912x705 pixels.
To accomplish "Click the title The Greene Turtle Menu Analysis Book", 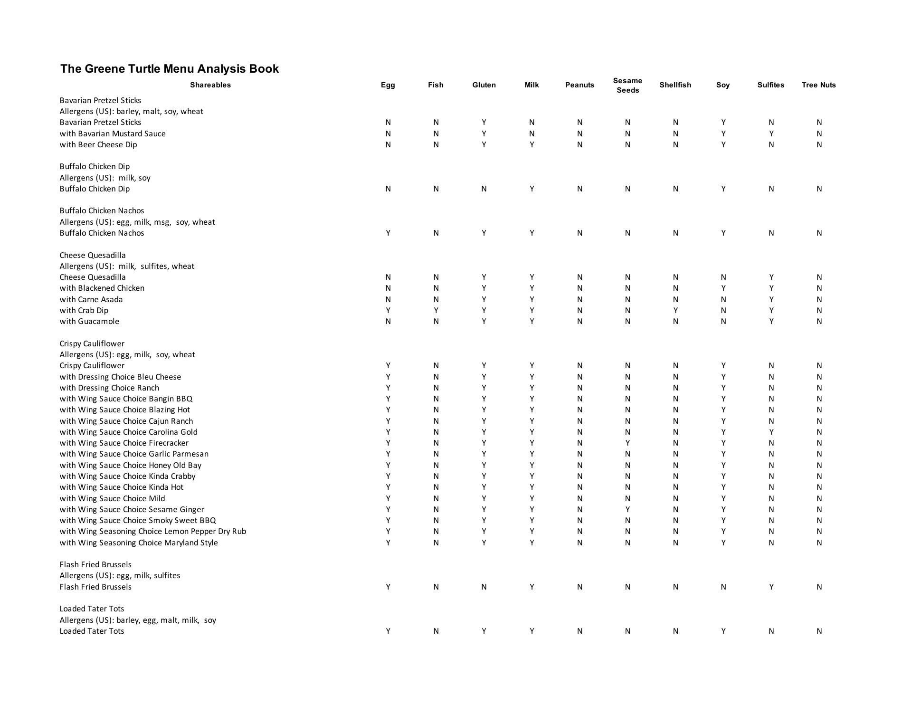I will pyautogui.click(x=169, y=69).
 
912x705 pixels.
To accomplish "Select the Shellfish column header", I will pyautogui.click(x=675, y=85).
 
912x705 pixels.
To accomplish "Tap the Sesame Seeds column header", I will pyautogui.click(x=627, y=86).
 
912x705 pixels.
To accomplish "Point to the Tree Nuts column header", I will pyautogui.click(x=818, y=85).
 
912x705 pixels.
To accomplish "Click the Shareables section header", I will pyautogui.click(x=210, y=85).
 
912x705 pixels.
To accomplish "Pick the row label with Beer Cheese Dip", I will pyautogui.click(x=98, y=144).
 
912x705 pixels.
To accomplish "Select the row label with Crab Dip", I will pyautogui.click(x=84, y=310).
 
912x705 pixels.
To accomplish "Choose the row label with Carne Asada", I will pyautogui.click(x=91, y=299).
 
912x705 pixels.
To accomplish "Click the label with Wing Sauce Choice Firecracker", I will pyautogui.click(x=124, y=443).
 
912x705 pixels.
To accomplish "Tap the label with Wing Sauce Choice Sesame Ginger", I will pyautogui.click(x=132, y=509).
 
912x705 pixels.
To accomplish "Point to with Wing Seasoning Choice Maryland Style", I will pyautogui.click(x=139, y=543).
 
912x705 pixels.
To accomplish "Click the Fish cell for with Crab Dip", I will pyautogui.click(x=436, y=310).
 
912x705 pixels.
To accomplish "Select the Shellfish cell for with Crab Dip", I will pyautogui.click(x=675, y=310).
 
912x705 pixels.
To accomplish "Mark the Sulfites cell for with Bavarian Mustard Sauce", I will pyautogui.click(x=771, y=133).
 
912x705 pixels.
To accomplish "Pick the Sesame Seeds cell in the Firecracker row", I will pyautogui.click(x=627, y=443).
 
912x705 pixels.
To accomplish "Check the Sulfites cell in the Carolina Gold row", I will pyautogui.click(x=771, y=432).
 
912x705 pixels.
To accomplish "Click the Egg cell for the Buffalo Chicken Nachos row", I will pyautogui.click(x=388, y=233).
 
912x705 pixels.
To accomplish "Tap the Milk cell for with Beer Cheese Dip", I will pyautogui.click(x=532, y=144).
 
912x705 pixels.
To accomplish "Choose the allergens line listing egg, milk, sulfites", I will pyautogui.click(x=120, y=575).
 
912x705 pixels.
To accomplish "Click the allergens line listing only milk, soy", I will pyautogui.click(x=105, y=178).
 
